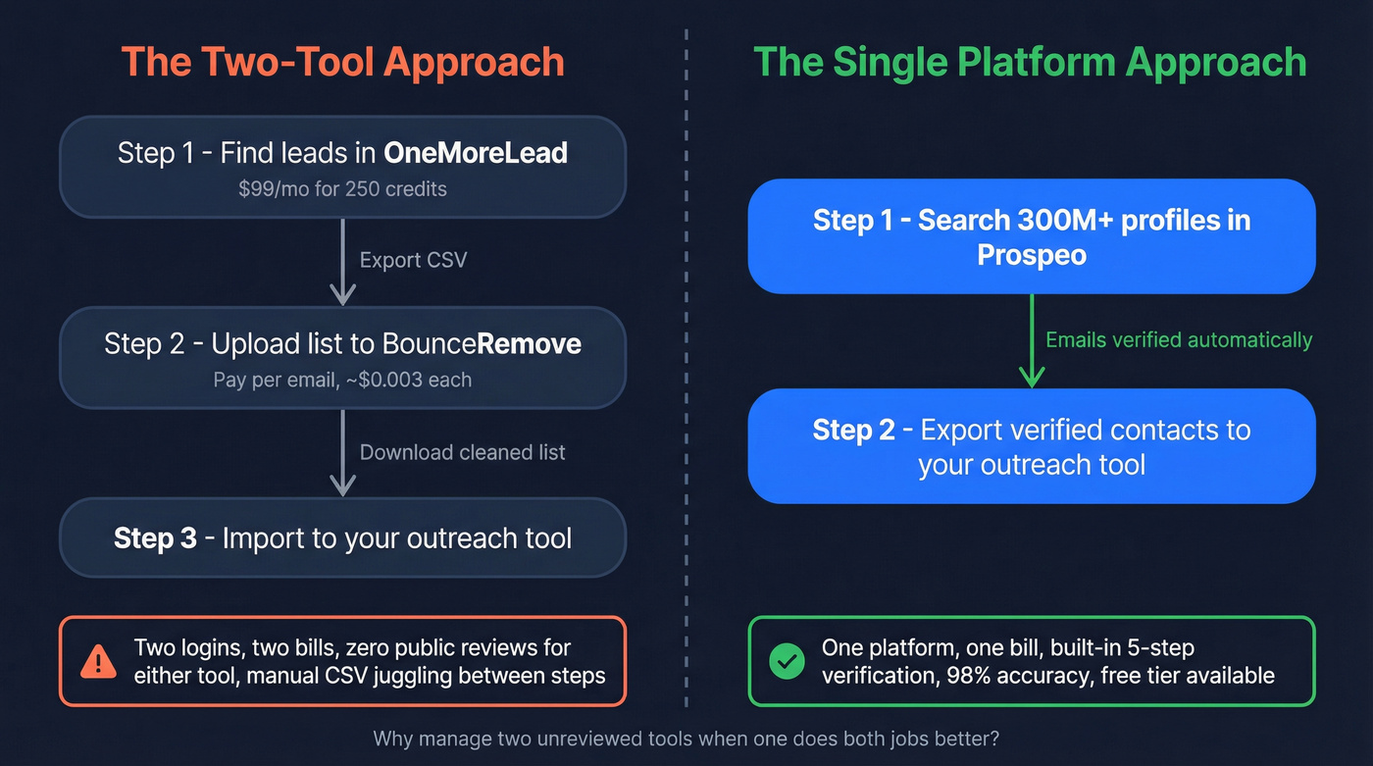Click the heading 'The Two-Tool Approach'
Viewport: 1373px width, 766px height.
pyautogui.click(x=342, y=62)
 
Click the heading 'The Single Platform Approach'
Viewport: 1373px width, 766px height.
pyautogui.click(x=1030, y=62)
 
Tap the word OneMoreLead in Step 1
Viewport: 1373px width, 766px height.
pyautogui.click(x=476, y=153)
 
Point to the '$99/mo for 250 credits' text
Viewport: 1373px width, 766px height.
pyautogui.click(x=342, y=188)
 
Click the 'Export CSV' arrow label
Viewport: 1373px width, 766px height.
pyautogui.click(x=413, y=261)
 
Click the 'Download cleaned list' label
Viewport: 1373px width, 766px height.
pyautogui.click(x=462, y=452)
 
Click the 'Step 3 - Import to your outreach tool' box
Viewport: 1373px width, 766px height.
pyautogui.click(x=342, y=537)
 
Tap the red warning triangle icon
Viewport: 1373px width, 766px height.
pyautogui.click(x=99, y=662)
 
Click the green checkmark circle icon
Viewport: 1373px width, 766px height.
pyautogui.click(x=786, y=662)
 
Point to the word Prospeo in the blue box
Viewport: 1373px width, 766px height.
pyautogui.click(x=1032, y=254)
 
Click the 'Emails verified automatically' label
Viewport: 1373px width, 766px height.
pyautogui.click(x=1179, y=340)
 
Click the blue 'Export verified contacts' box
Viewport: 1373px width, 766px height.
pyautogui.click(x=1032, y=446)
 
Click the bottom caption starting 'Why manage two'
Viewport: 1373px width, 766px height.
pyautogui.click(x=686, y=739)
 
